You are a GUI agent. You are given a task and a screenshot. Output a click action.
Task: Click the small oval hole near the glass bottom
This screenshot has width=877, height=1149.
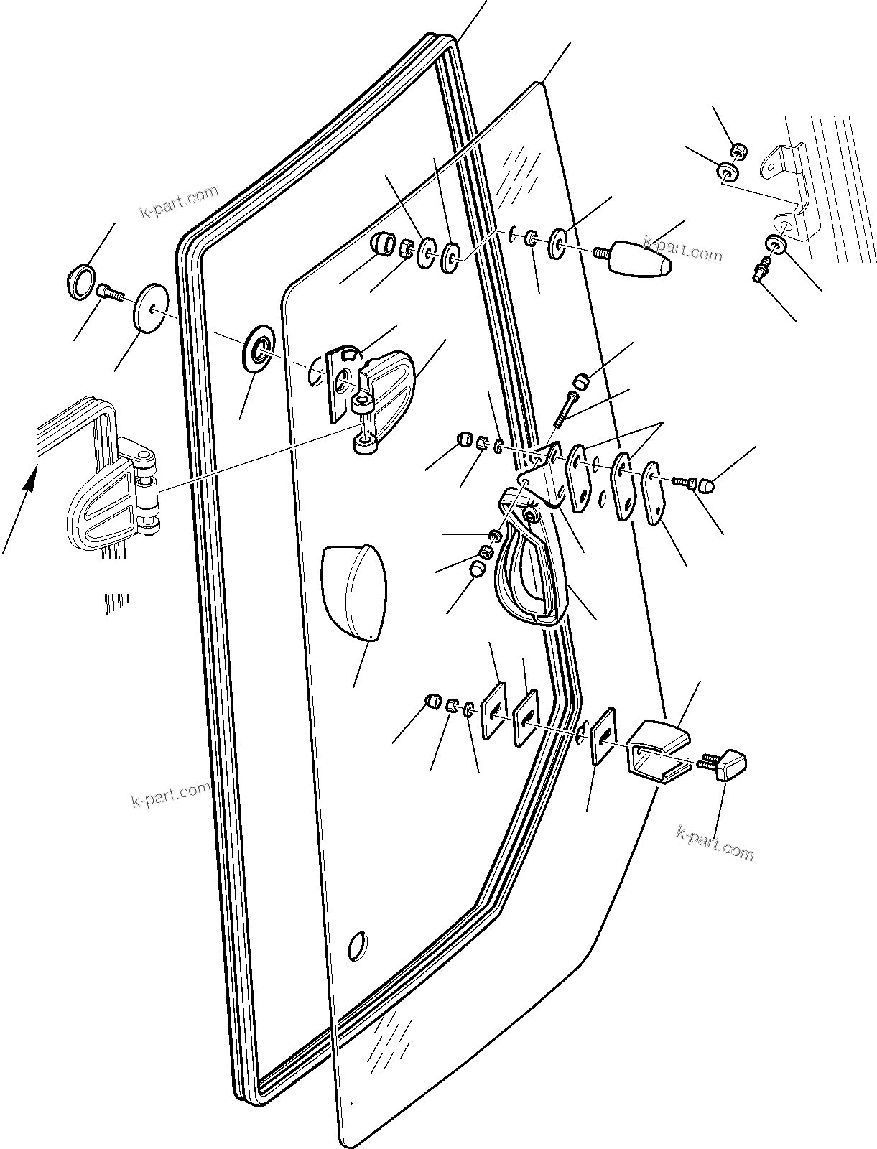356,945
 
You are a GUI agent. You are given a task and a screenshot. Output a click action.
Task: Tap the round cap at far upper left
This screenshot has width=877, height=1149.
80,279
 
